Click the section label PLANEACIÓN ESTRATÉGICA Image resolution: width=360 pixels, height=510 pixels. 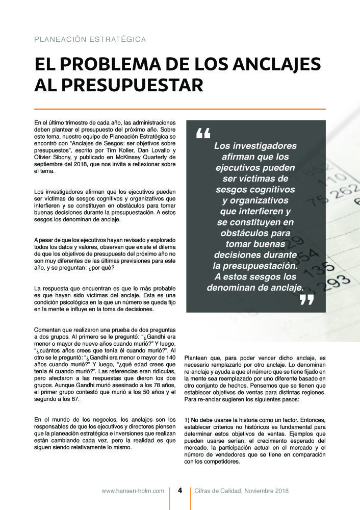coord(90,39)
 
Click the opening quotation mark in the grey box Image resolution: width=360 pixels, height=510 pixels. coord(202,134)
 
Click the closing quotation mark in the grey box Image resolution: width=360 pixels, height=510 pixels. coord(306,300)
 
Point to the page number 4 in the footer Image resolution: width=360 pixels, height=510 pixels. coord(180,491)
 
